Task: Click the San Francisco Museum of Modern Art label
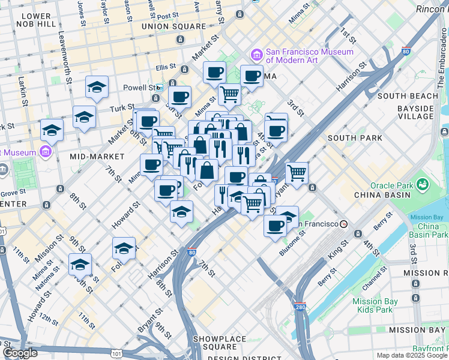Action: pyautogui.click(x=309, y=56)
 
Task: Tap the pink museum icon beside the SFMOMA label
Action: pyautogui.click(x=257, y=55)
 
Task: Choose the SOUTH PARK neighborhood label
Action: pyautogui.click(x=355, y=138)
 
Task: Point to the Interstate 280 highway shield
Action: pyautogui.click(x=300, y=307)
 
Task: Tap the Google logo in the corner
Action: pyautogui.click(x=20, y=353)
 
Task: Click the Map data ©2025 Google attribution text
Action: pyautogui.click(x=411, y=355)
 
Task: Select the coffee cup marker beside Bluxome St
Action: pyautogui.click(x=276, y=227)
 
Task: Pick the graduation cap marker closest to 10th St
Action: pyautogui.click(x=80, y=264)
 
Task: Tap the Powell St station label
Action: pyautogui.click(x=139, y=87)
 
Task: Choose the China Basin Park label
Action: pyautogui.click(x=429, y=230)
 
